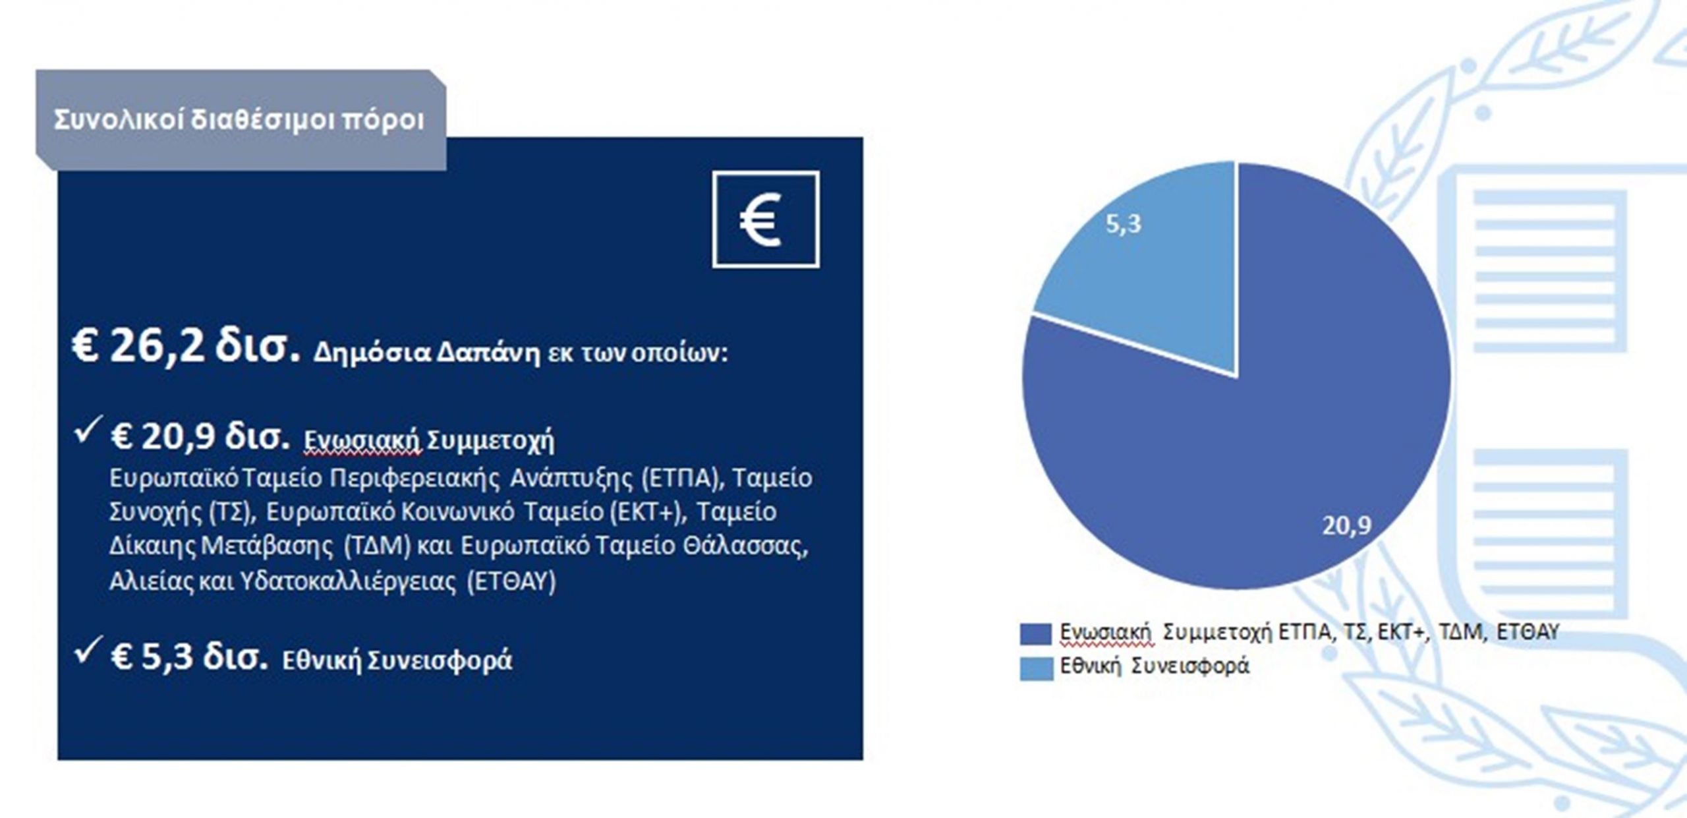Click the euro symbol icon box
(766, 219)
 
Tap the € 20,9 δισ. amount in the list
(200, 436)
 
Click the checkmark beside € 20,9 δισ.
(88, 429)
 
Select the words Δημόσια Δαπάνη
(427, 354)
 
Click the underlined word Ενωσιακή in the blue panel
(362, 441)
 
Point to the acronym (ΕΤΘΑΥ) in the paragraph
(511, 581)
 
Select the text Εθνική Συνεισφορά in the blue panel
(397, 660)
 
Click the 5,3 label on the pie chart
(1124, 224)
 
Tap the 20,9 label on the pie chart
(1346, 525)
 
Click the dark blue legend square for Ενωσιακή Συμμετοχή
(1037, 634)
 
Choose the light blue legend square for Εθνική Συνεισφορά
(1037, 669)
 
